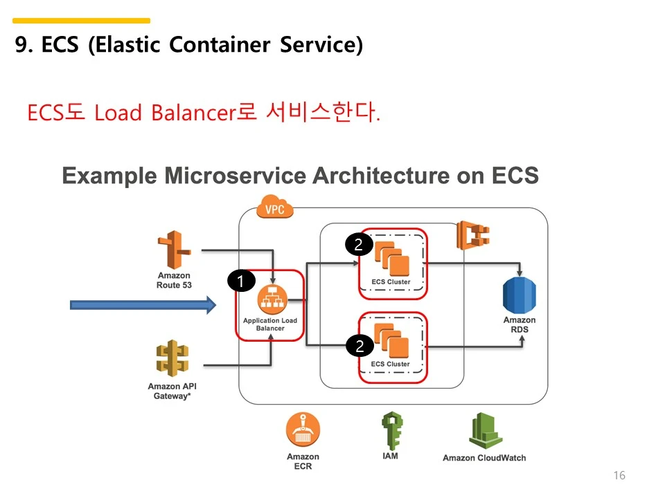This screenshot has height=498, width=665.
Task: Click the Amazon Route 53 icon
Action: (x=173, y=250)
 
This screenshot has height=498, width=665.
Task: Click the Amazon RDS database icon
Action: (x=520, y=295)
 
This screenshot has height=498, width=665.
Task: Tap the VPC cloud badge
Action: (x=275, y=207)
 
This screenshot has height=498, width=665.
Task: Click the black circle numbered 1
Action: (x=240, y=281)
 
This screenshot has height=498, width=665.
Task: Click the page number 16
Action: (x=619, y=475)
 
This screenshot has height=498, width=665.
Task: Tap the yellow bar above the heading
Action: (x=81, y=21)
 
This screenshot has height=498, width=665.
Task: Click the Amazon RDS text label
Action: (x=520, y=325)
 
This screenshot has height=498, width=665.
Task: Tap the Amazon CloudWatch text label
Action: (x=484, y=458)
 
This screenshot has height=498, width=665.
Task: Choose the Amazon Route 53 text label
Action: (x=173, y=280)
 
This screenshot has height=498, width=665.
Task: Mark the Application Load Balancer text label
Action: (x=270, y=324)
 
